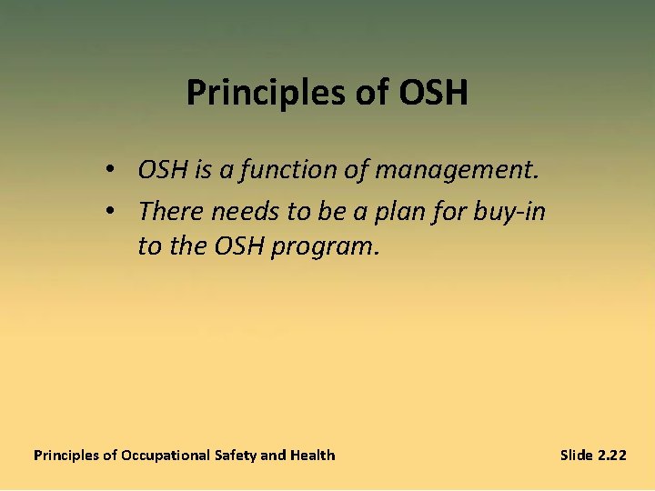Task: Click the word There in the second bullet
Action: click(x=171, y=211)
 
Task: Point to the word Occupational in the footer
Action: click(x=166, y=455)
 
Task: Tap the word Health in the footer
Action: click(x=312, y=455)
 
